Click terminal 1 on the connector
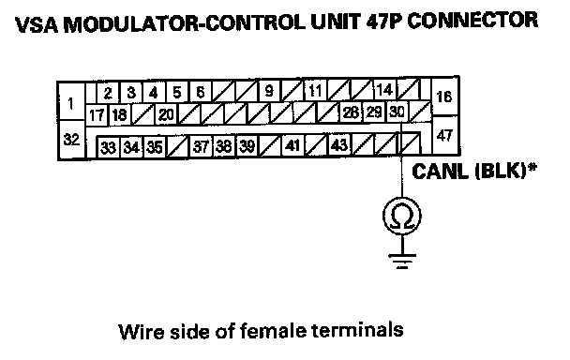point(71,103)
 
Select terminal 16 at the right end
point(444,97)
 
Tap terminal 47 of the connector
point(444,135)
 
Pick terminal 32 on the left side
point(71,140)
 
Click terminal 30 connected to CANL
point(397,112)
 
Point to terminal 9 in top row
point(269,91)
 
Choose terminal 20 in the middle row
point(166,115)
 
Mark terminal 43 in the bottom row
point(339,145)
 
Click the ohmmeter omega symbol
point(402,216)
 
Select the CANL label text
point(440,171)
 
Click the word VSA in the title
point(37,24)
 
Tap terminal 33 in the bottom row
point(108,147)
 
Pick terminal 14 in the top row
point(384,89)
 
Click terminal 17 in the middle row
point(97,115)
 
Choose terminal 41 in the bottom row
point(292,145)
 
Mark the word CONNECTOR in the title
point(472,21)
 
